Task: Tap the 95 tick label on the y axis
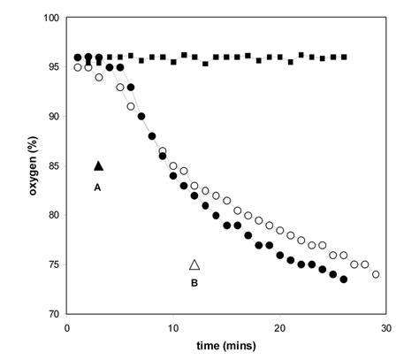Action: [52, 67]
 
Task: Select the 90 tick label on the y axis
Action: [52, 117]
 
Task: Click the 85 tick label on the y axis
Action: [52, 165]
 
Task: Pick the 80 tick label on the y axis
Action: [52, 215]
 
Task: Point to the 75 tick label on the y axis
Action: [52, 264]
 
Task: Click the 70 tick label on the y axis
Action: [52, 314]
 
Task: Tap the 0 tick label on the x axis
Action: [68, 327]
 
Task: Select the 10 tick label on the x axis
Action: [173, 327]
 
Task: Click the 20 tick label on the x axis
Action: [279, 327]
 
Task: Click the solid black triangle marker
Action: [99, 165]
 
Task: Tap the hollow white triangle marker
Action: [194, 264]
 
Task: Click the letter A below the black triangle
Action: [99, 187]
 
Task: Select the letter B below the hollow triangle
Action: [194, 284]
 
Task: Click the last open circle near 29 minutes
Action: [376, 274]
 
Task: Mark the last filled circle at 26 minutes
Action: [343, 280]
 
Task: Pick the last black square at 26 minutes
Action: [343, 57]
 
